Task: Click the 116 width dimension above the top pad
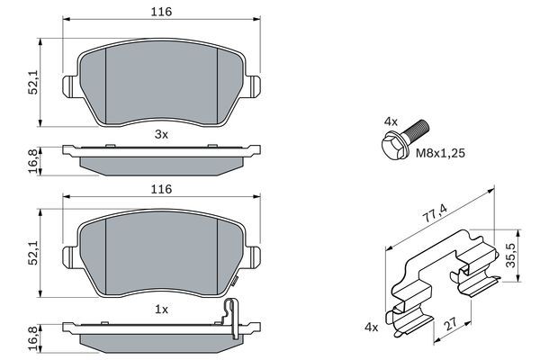point(162,12)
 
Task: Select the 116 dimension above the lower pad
point(162,189)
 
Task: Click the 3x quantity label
point(162,134)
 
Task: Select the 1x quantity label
point(162,308)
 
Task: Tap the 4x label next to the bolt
point(390,120)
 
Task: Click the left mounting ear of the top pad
point(67,86)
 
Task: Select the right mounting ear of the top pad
point(256,86)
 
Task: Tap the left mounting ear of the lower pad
point(67,259)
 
